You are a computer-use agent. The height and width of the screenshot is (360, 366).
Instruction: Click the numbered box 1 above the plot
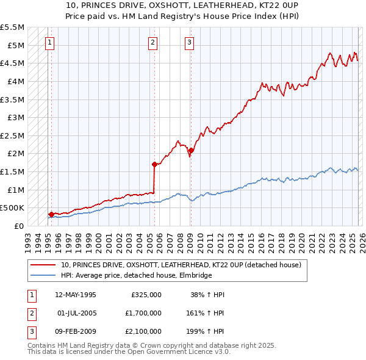[x=49, y=42]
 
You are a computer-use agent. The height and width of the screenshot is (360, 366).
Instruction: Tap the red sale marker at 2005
[x=154, y=164]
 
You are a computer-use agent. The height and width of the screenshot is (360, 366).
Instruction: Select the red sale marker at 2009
[x=191, y=150]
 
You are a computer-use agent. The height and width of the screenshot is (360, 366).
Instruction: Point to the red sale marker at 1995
[x=51, y=214]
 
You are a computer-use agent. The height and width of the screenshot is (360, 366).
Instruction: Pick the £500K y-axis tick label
[x=12, y=208]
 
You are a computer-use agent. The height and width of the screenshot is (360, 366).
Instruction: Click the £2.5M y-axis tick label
[x=13, y=135]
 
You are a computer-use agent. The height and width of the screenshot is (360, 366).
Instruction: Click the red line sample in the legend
[x=43, y=265]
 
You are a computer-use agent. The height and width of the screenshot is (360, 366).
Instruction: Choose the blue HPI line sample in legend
[x=43, y=276]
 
